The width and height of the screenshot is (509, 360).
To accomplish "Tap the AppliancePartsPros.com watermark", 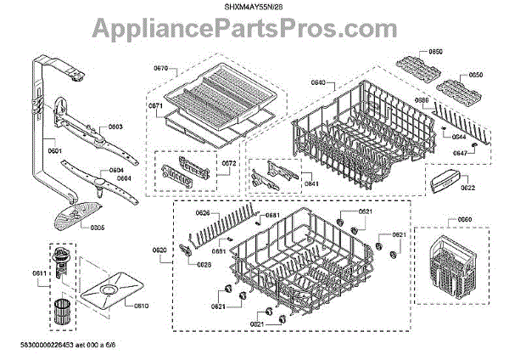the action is click(x=255, y=32).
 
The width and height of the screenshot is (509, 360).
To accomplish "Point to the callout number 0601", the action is click(x=55, y=151).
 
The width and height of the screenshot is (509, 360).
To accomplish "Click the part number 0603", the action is click(x=115, y=127).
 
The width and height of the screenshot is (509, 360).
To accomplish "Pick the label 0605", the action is click(x=98, y=228).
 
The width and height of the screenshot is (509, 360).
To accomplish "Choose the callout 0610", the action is click(x=141, y=306).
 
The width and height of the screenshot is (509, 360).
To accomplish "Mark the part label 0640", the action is click(x=319, y=82).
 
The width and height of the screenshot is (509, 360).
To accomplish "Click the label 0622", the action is click(x=467, y=188).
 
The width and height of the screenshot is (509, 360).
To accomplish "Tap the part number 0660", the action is click(x=464, y=219).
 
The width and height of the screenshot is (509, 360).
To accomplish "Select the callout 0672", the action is click(x=229, y=163).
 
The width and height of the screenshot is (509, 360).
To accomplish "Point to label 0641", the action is click(x=311, y=183).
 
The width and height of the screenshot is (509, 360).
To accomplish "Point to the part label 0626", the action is click(x=203, y=212).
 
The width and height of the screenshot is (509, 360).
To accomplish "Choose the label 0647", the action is click(x=459, y=153).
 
